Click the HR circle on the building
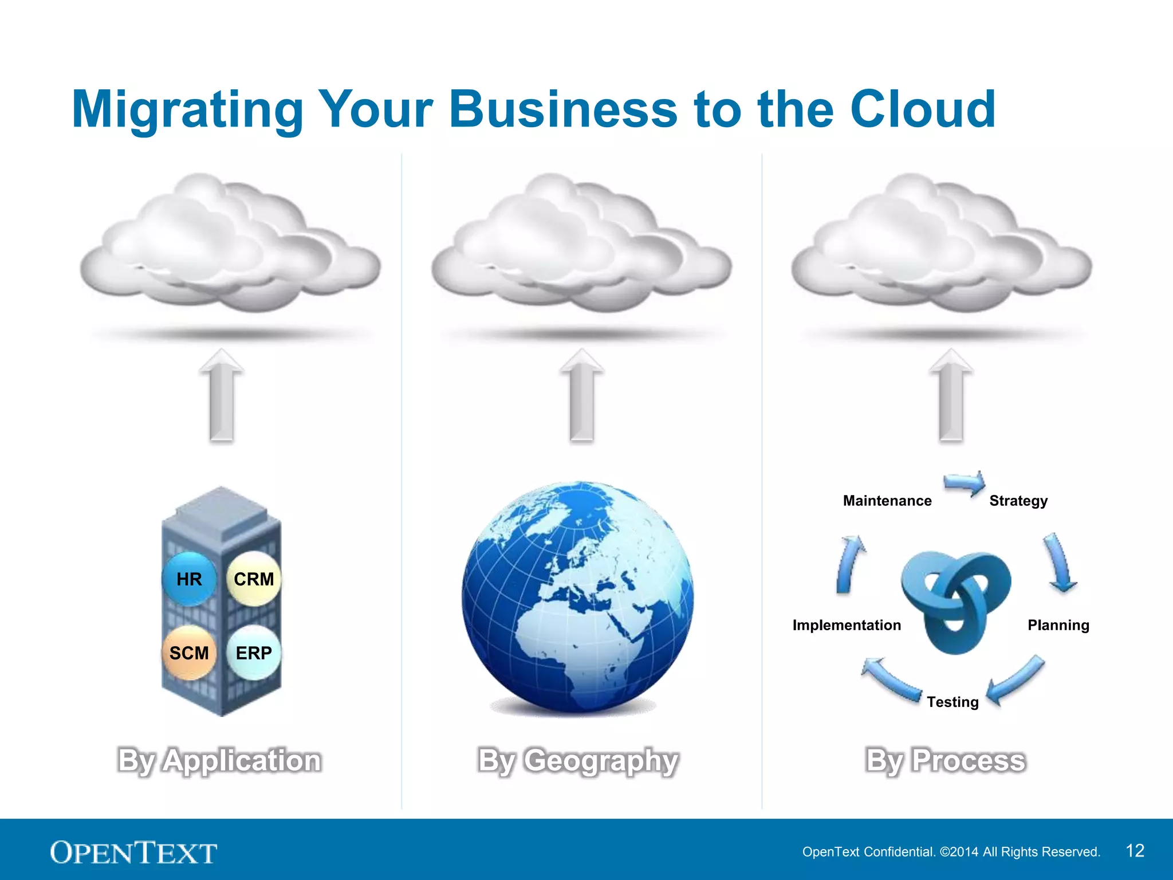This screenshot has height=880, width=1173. (189, 579)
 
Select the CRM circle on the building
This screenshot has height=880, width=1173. (254, 579)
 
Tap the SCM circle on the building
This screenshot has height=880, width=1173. (189, 653)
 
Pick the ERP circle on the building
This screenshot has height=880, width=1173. (254, 653)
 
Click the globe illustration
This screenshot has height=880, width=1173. (577, 596)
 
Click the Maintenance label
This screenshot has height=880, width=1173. (887, 501)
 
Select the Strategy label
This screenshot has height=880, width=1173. (1018, 501)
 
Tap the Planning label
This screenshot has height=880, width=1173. (1058, 625)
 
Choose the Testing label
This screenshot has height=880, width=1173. (952, 702)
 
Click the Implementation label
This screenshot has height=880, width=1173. (847, 625)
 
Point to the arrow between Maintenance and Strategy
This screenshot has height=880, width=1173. (965, 483)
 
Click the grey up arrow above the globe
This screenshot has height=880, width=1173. (582, 395)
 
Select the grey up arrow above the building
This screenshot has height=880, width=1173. (222, 395)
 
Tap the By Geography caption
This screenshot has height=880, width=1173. (578, 761)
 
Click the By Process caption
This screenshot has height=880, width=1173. (946, 761)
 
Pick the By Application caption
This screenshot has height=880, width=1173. (219, 761)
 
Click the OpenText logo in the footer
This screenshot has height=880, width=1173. (133, 852)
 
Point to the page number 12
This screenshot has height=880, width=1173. (1135, 851)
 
